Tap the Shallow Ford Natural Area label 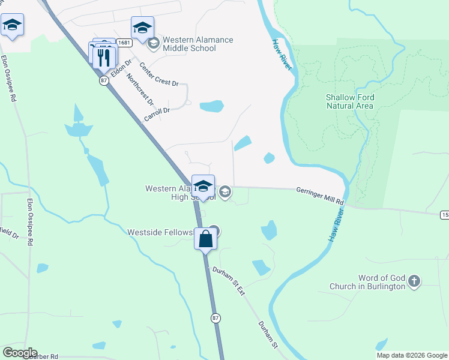click(x=350, y=101)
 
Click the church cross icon click(x=414, y=281)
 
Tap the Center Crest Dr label click(x=158, y=74)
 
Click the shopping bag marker click(x=205, y=239)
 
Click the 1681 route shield click(x=124, y=43)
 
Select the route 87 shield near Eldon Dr click(x=104, y=80)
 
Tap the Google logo click(x=20, y=353)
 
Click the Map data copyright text click(x=412, y=355)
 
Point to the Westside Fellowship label click(x=160, y=232)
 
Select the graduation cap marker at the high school click(x=203, y=186)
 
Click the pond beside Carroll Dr click(x=211, y=107)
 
